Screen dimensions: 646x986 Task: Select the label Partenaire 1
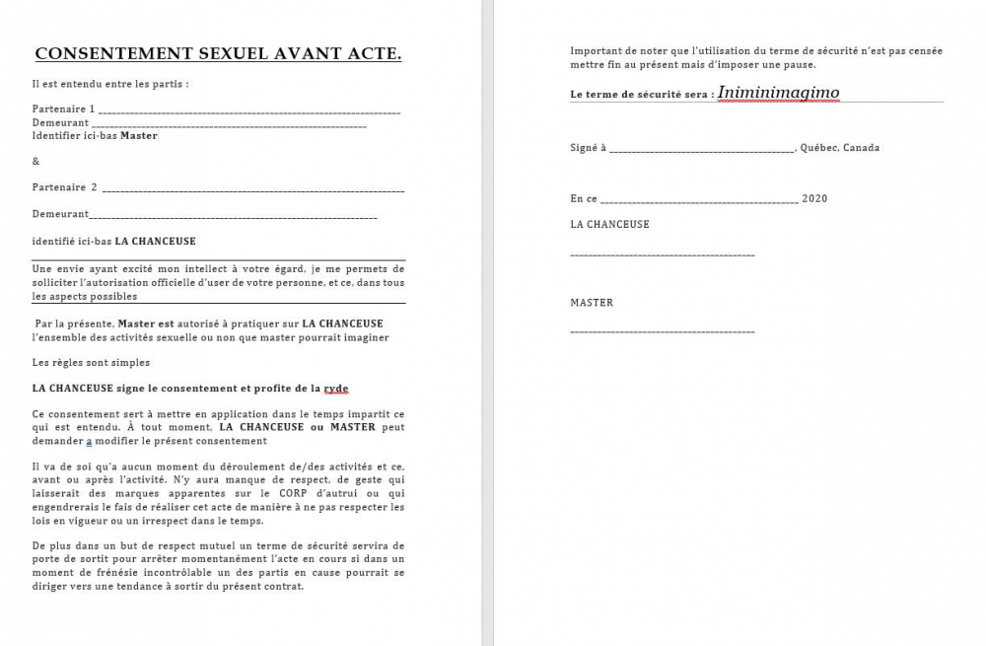coord(64,108)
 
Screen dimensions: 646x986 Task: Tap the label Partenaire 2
coord(65,187)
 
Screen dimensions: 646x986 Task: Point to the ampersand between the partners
coord(36,161)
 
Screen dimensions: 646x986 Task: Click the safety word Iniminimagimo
coord(778,93)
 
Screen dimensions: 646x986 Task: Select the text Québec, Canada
coord(840,148)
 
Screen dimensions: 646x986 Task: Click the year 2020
coord(814,198)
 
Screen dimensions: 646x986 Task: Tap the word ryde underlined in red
coord(336,389)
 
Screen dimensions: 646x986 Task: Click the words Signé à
coord(588,148)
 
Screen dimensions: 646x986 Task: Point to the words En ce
coord(584,198)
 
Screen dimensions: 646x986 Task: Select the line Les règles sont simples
coord(91,363)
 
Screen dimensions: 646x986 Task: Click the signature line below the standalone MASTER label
coord(663,331)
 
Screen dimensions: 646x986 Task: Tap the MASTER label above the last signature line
coord(592,303)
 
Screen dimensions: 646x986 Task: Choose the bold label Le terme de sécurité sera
coord(642,95)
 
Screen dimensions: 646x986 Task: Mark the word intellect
coord(176,268)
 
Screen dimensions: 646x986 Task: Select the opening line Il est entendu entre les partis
coord(109,84)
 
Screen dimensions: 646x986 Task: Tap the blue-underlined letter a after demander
coord(89,441)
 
